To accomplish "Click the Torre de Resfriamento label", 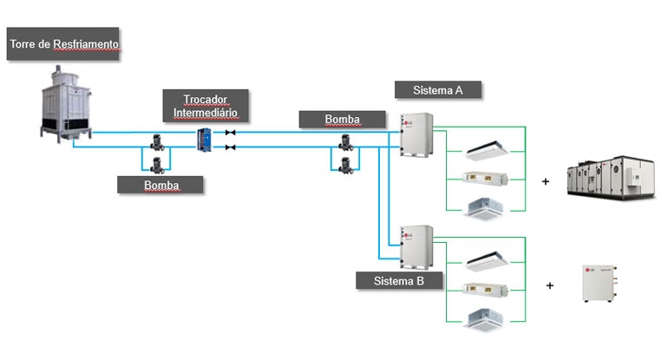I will click(63, 43).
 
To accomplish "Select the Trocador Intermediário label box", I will click(205, 106).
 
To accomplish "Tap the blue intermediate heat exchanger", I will click(205, 140).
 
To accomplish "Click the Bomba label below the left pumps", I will click(161, 185).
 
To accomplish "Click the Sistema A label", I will click(437, 89).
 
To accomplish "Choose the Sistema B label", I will click(399, 281).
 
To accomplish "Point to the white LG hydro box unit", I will click(600, 284).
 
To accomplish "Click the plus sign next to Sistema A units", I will click(546, 182).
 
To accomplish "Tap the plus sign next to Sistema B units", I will click(550, 285).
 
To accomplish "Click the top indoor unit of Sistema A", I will click(492, 151).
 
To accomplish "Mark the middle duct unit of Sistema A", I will click(492, 179).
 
